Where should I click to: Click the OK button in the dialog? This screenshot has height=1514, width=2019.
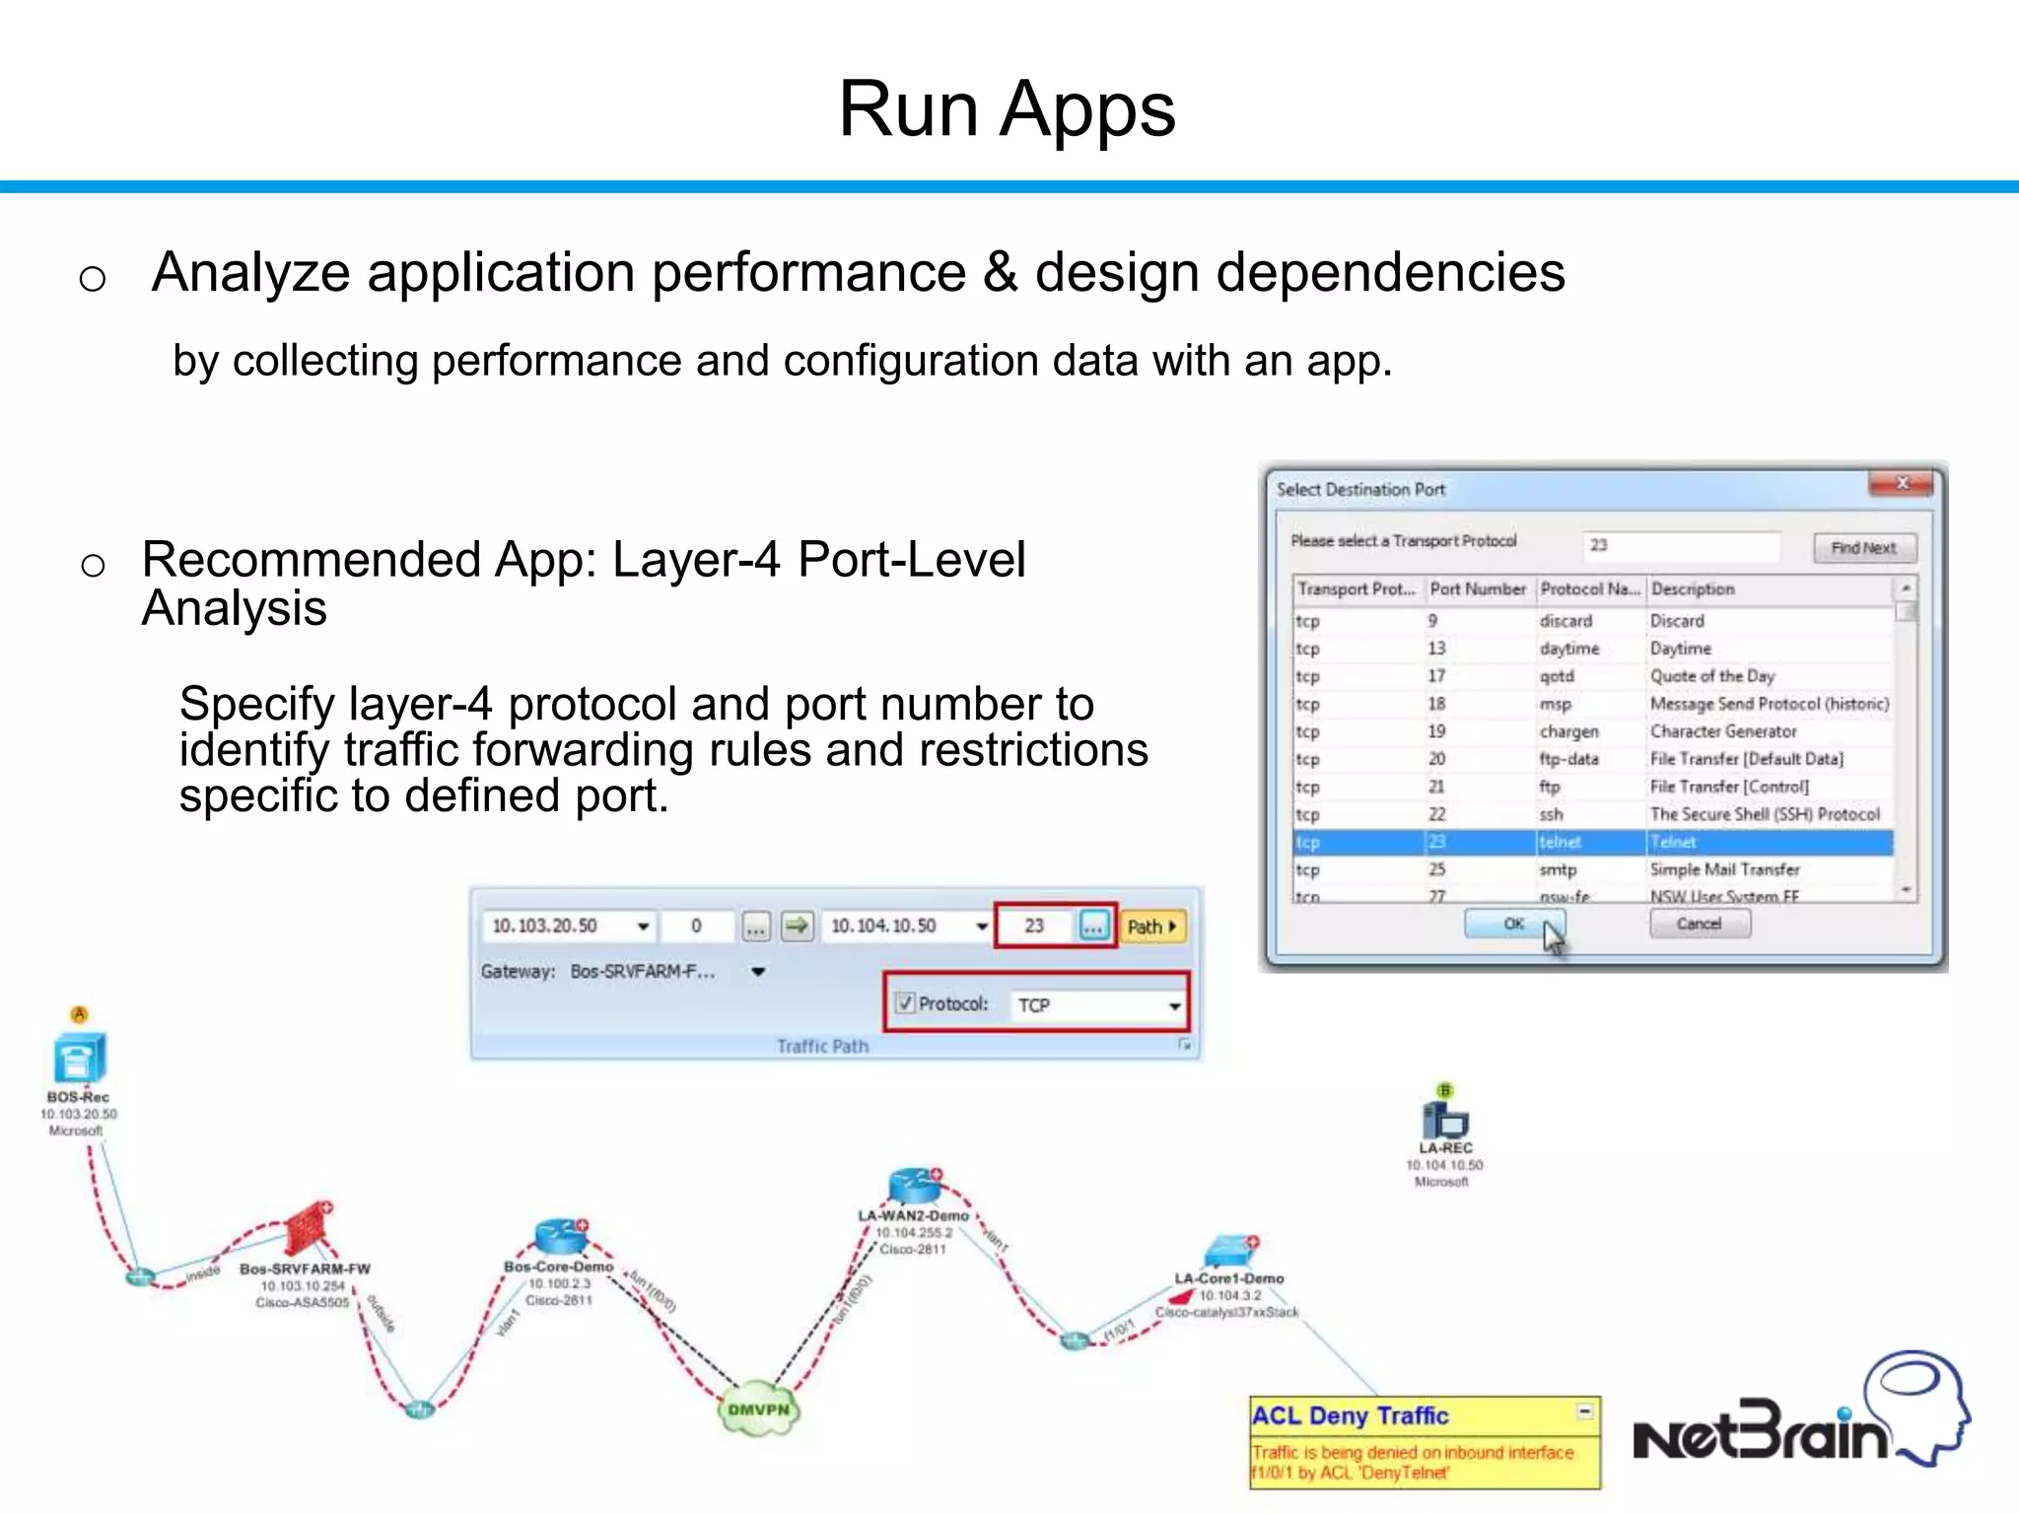coord(1513,924)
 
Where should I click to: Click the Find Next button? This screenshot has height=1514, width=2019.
coord(1862,548)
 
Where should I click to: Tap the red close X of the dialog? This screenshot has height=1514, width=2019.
coord(1903,483)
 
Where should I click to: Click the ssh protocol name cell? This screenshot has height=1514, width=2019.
coord(1552,814)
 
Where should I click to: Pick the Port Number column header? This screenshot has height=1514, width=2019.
coord(1477,588)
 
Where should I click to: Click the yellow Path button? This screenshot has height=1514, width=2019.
coord(1150,927)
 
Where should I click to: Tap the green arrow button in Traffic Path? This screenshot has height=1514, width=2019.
coord(797,926)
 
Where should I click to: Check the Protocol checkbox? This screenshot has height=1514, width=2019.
coord(905,1003)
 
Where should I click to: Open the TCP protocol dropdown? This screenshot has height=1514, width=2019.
coord(1174,1005)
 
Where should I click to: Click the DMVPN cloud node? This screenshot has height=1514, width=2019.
coord(758,1410)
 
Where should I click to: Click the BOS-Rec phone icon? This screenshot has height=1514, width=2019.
coord(79,1059)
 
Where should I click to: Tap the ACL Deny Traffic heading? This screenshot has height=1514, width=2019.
coord(1350,1415)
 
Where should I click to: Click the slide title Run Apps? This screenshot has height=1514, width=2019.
coord(1007,108)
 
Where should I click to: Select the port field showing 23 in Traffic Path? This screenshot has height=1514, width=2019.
coord(1035,926)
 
